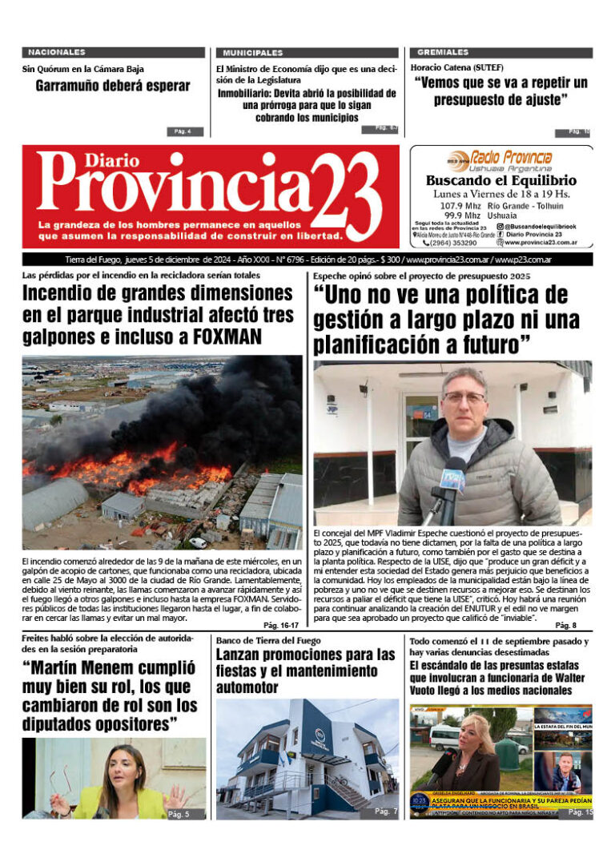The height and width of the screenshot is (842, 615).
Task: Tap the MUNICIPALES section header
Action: coord(253,52)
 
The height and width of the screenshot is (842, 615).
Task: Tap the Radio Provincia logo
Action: coord(500,159)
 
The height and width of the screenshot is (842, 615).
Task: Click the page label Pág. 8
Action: coord(565,625)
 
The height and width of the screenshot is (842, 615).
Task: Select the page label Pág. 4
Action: coord(183,131)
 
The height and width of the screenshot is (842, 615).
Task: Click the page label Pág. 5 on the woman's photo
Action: coord(179,813)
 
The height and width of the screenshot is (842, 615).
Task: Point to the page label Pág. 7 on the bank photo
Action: coord(386,812)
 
